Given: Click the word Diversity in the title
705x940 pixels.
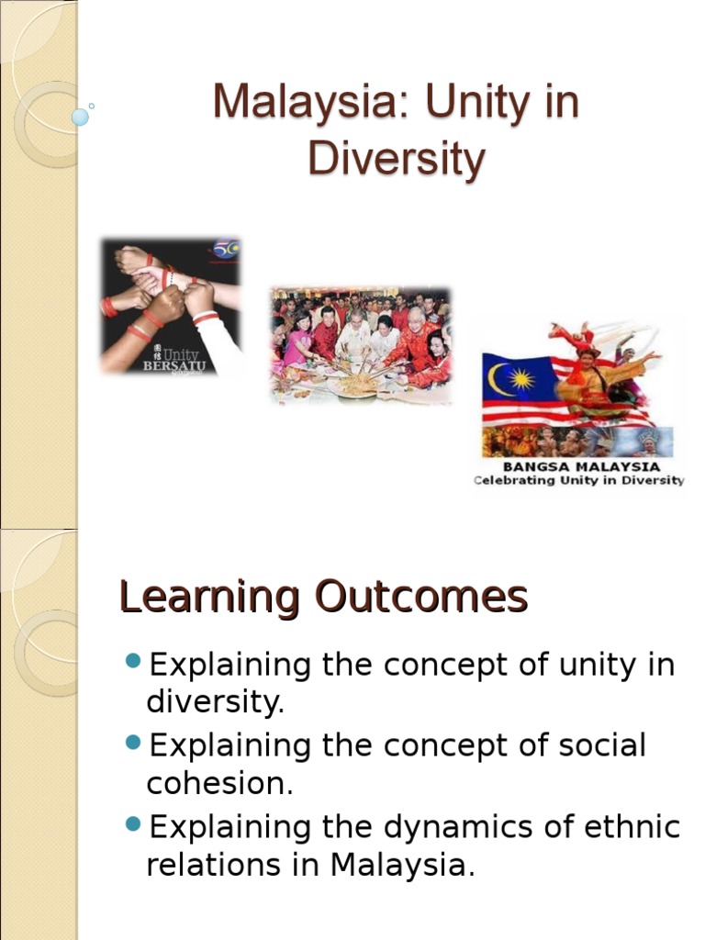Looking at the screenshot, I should coord(396,159).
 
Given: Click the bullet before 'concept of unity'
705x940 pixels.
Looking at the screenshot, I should coord(133,662).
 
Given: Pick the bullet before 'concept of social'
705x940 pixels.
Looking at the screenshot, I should coord(133,742).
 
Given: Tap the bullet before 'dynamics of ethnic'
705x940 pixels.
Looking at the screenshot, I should coord(133,822).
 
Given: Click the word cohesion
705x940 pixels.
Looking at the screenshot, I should coord(219,784).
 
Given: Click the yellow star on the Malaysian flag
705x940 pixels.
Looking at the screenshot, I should coord(521,378).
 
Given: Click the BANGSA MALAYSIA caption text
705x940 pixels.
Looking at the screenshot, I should coord(579,465).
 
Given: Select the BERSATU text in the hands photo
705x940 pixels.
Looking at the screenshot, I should coord(174,365).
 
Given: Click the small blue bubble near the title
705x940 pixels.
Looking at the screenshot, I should coord(80,117).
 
